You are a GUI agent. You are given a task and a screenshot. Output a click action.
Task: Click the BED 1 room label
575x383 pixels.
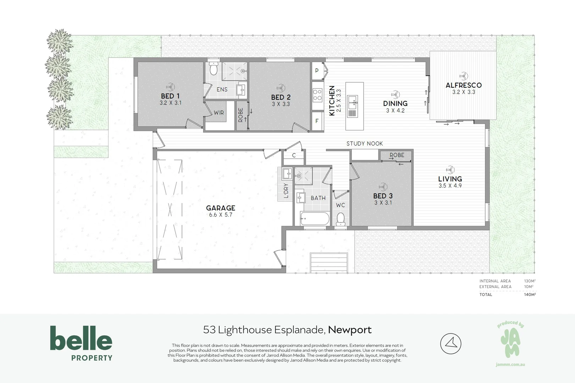pos(170,96)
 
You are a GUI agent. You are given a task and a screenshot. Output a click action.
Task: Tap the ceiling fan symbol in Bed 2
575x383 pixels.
pos(281,88)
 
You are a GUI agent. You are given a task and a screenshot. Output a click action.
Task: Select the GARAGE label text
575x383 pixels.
pos(221,208)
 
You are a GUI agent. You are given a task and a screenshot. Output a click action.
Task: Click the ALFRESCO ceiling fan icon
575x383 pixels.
pos(464,76)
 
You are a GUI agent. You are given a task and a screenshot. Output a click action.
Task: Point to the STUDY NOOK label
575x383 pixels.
pos(365,144)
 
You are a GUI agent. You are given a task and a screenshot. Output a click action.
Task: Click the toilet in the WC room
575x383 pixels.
pos(341,218)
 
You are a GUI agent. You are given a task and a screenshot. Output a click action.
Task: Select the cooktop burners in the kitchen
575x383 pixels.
pos(317,95)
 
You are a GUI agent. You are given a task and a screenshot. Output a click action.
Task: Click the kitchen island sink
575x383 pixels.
pos(353,102)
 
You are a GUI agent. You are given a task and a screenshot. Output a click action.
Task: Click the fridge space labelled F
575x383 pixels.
pos(317,121)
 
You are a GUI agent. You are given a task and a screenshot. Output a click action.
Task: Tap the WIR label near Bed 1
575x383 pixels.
pos(219,113)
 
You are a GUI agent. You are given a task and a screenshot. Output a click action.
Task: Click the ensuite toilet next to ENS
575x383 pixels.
pos(213,69)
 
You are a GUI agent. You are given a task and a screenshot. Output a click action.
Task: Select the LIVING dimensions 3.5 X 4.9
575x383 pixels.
pos(450,186)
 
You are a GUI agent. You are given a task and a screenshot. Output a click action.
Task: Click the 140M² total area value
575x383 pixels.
pos(530,295)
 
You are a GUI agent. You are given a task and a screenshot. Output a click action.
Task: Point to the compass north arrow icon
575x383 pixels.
pos(450,344)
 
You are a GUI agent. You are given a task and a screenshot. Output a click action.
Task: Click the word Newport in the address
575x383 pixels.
pos(350,330)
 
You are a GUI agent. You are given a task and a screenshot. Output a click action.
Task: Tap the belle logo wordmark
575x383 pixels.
pos(81,338)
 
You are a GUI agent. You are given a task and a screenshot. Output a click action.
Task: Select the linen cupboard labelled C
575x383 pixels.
pos(294,156)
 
